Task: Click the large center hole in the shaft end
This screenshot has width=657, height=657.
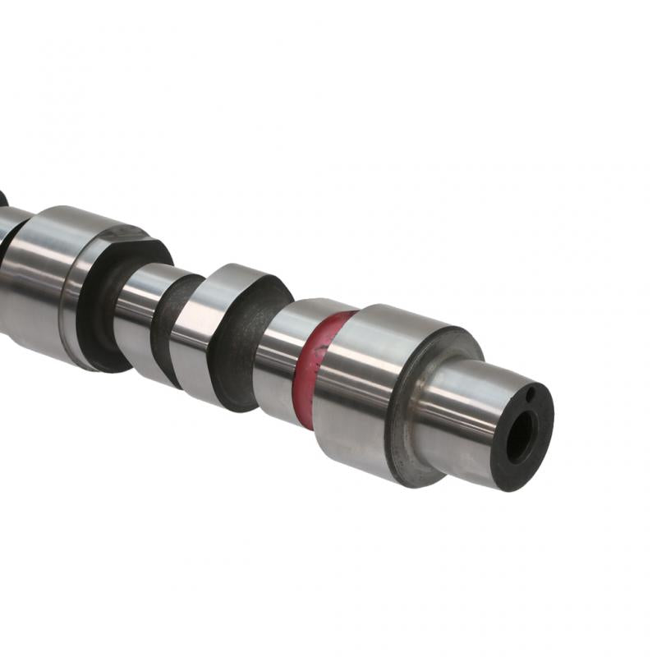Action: pos(521,437)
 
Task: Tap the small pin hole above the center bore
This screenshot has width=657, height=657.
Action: pos(531,396)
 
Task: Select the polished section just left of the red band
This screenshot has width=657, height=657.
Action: pos(279,353)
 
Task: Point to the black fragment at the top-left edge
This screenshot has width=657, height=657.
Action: pos(2,198)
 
